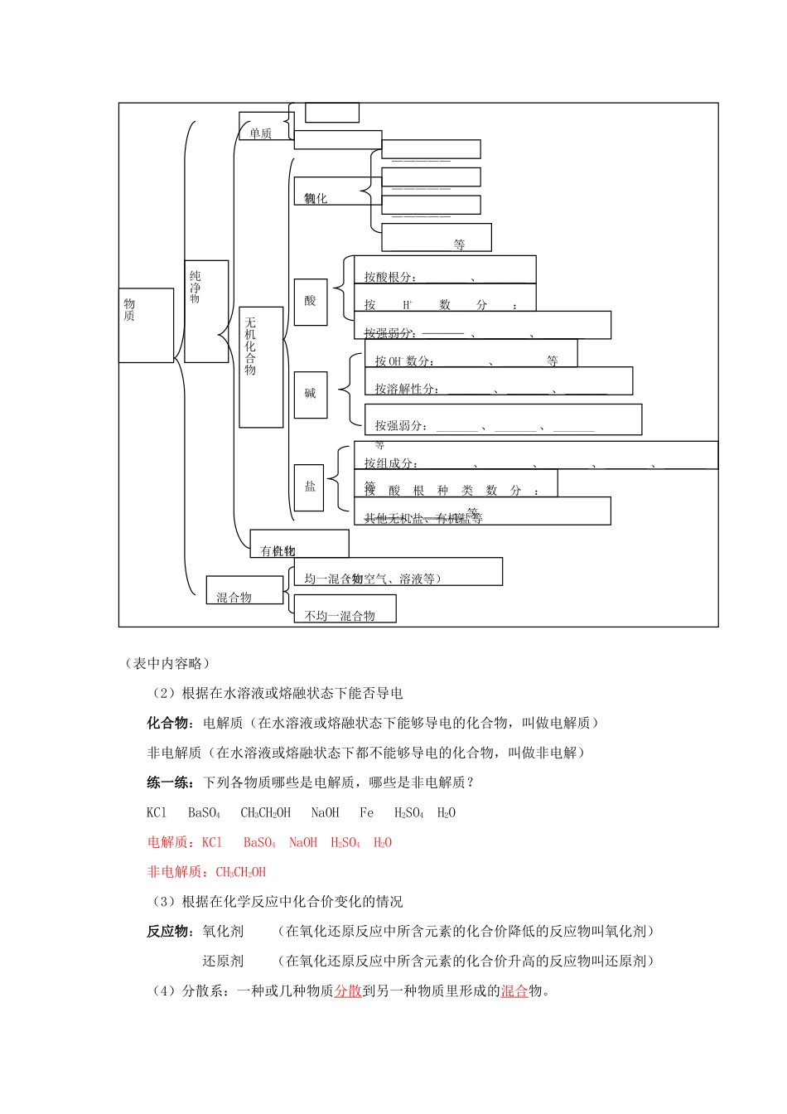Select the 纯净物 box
pos(205,311)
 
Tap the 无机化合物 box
pos(261,367)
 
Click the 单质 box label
pos(261,133)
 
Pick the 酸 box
pos(311,301)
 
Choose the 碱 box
pos(311,394)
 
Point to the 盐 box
pos(310,487)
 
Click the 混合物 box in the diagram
pos(234,597)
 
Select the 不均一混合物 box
pos(340,616)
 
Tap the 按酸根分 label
pos(390,277)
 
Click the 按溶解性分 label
pos(406,389)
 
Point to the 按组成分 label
pos(390,463)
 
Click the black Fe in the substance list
pos(366,812)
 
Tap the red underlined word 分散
pos(348,990)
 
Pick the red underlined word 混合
pos(514,990)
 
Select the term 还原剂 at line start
pos(223,961)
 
